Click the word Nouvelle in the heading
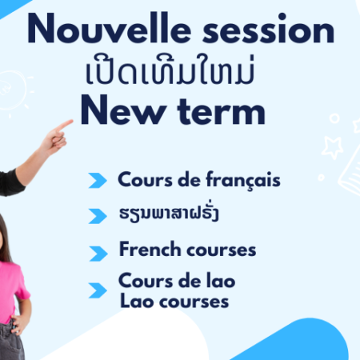point(109,28)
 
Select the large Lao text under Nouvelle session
point(170,70)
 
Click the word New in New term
point(123,110)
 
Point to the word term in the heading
point(222,111)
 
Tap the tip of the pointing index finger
point(71,122)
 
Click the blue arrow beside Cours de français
point(98,181)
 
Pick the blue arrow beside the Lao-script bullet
point(98,216)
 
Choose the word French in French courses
point(150,249)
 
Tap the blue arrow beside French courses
point(98,254)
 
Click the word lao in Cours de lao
point(221,281)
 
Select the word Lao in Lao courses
point(137,301)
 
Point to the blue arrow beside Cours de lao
point(98,290)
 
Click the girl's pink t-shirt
point(11,290)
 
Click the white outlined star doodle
point(332,147)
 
